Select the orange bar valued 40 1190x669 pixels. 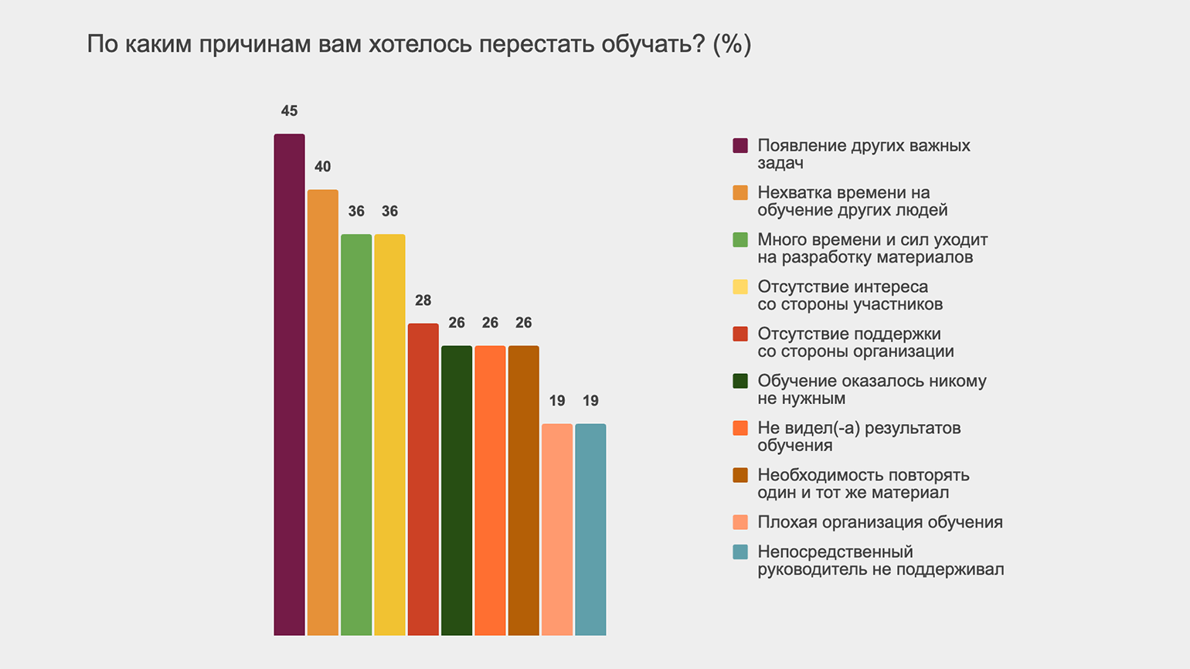[x=322, y=413]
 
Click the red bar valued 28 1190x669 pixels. [x=423, y=480]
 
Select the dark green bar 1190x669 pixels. [x=457, y=491]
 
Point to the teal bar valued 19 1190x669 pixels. [x=590, y=530]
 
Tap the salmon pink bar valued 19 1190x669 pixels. [x=557, y=530]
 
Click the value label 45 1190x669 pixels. [x=289, y=111]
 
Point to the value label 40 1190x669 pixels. [x=322, y=167]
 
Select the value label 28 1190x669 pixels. [x=423, y=301]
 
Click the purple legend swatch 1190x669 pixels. [x=740, y=146]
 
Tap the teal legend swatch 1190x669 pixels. [x=740, y=552]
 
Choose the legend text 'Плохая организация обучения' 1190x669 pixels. [x=880, y=522]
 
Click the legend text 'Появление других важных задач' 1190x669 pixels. [x=863, y=155]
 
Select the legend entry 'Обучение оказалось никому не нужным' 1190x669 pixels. [x=872, y=389]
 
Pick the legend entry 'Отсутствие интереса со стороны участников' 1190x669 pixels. [x=850, y=295]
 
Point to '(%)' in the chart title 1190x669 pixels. [x=732, y=44]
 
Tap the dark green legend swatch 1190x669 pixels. [x=740, y=381]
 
